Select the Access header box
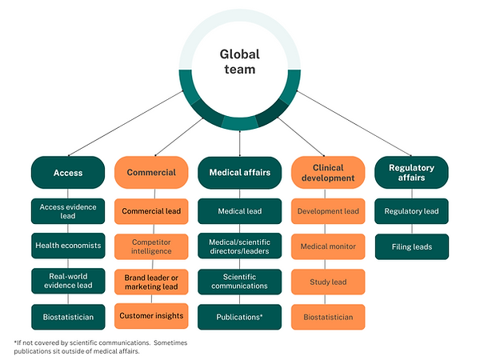[x=68, y=172]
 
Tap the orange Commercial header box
[x=151, y=172]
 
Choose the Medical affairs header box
[x=239, y=172]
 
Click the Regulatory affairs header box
[x=411, y=172]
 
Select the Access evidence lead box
[x=68, y=212]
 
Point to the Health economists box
[x=68, y=246]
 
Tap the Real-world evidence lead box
[x=68, y=281]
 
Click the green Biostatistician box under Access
[x=68, y=317]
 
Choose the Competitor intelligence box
[x=151, y=246]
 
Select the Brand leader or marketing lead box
[x=151, y=281]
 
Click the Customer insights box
[x=151, y=316]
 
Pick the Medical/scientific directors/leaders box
[x=239, y=246]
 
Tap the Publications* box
[x=239, y=317]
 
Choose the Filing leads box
[x=411, y=246]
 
